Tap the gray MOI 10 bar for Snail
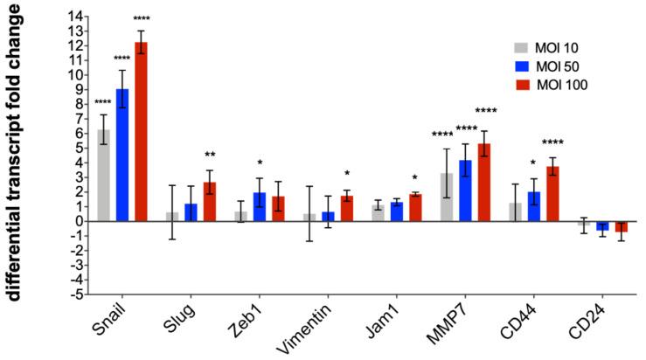(104, 175)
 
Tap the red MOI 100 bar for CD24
(622, 226)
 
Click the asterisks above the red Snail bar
(141, 18)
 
